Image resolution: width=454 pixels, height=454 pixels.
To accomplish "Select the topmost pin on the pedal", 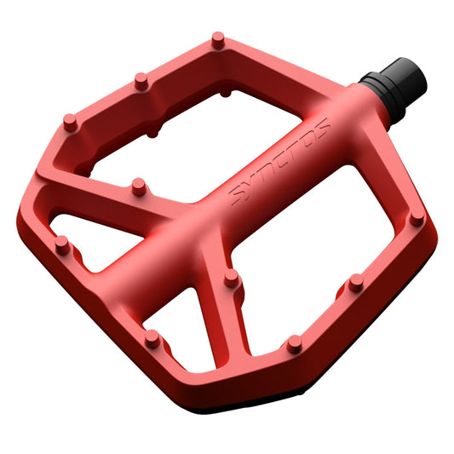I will (x=217, y=38).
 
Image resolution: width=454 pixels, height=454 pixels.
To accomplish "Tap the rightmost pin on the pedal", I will (x=416, y=219).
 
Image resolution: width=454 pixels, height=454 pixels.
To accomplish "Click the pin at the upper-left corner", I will (x=71, y=122).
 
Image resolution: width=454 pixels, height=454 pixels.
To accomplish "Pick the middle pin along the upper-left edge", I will (x=141, y=81).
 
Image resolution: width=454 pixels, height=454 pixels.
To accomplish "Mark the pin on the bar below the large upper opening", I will (x=136, y=185).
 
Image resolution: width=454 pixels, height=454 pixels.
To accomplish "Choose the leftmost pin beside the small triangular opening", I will (x=61, y=244).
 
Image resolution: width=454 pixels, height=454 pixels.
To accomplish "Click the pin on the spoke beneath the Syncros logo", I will (x=230, y=277).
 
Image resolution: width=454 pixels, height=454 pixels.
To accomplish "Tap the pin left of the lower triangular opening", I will (x=152, y=337).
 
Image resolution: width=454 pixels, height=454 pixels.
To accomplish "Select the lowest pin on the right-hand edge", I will (x=294, y=343).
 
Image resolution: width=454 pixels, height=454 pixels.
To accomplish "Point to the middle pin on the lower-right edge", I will (x=355, y=281).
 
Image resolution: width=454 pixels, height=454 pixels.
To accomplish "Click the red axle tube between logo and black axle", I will (x=349, y=98).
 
